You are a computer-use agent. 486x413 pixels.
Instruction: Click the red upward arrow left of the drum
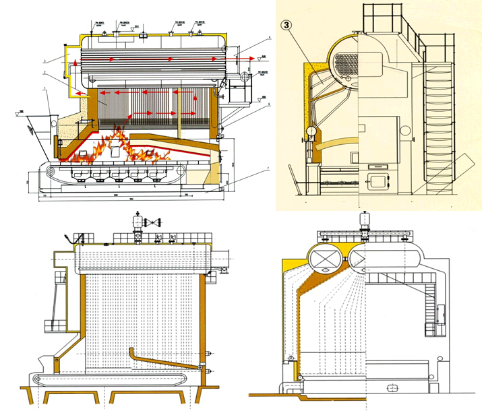pyautogui.click(x=69, y=65)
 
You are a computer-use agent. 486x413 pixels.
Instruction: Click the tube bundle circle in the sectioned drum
pyautogui.click(x=347, y=64)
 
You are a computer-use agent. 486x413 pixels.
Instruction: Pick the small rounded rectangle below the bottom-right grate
pyautogui.click(x=391, y=389)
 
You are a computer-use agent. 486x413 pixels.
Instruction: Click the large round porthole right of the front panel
pyautogui.click(x=406, y=130)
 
